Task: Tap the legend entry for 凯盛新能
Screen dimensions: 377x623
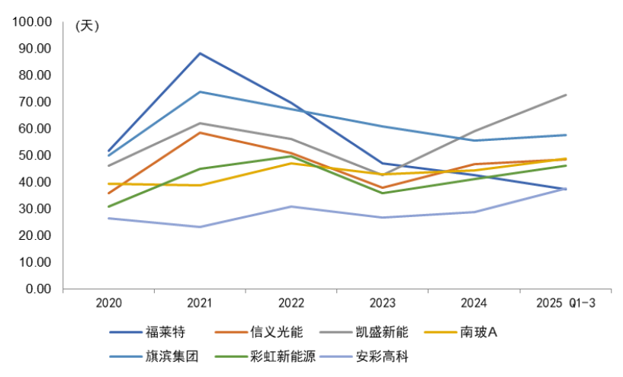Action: pos(383,332)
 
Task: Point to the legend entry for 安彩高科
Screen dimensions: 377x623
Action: pos(383,356)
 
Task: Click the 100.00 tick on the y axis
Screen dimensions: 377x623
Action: pos(31,21)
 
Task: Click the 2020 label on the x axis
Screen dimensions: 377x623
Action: pos(109,303)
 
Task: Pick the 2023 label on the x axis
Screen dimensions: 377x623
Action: pos(383,303)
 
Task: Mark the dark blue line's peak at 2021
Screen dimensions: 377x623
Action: pos(200,53)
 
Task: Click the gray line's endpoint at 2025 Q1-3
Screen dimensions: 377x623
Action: pos(566,94)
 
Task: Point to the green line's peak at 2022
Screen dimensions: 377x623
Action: pos(291,155)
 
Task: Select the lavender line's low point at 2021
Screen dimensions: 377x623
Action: pos(200,227)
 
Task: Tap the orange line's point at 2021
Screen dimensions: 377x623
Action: pos(200,133)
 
